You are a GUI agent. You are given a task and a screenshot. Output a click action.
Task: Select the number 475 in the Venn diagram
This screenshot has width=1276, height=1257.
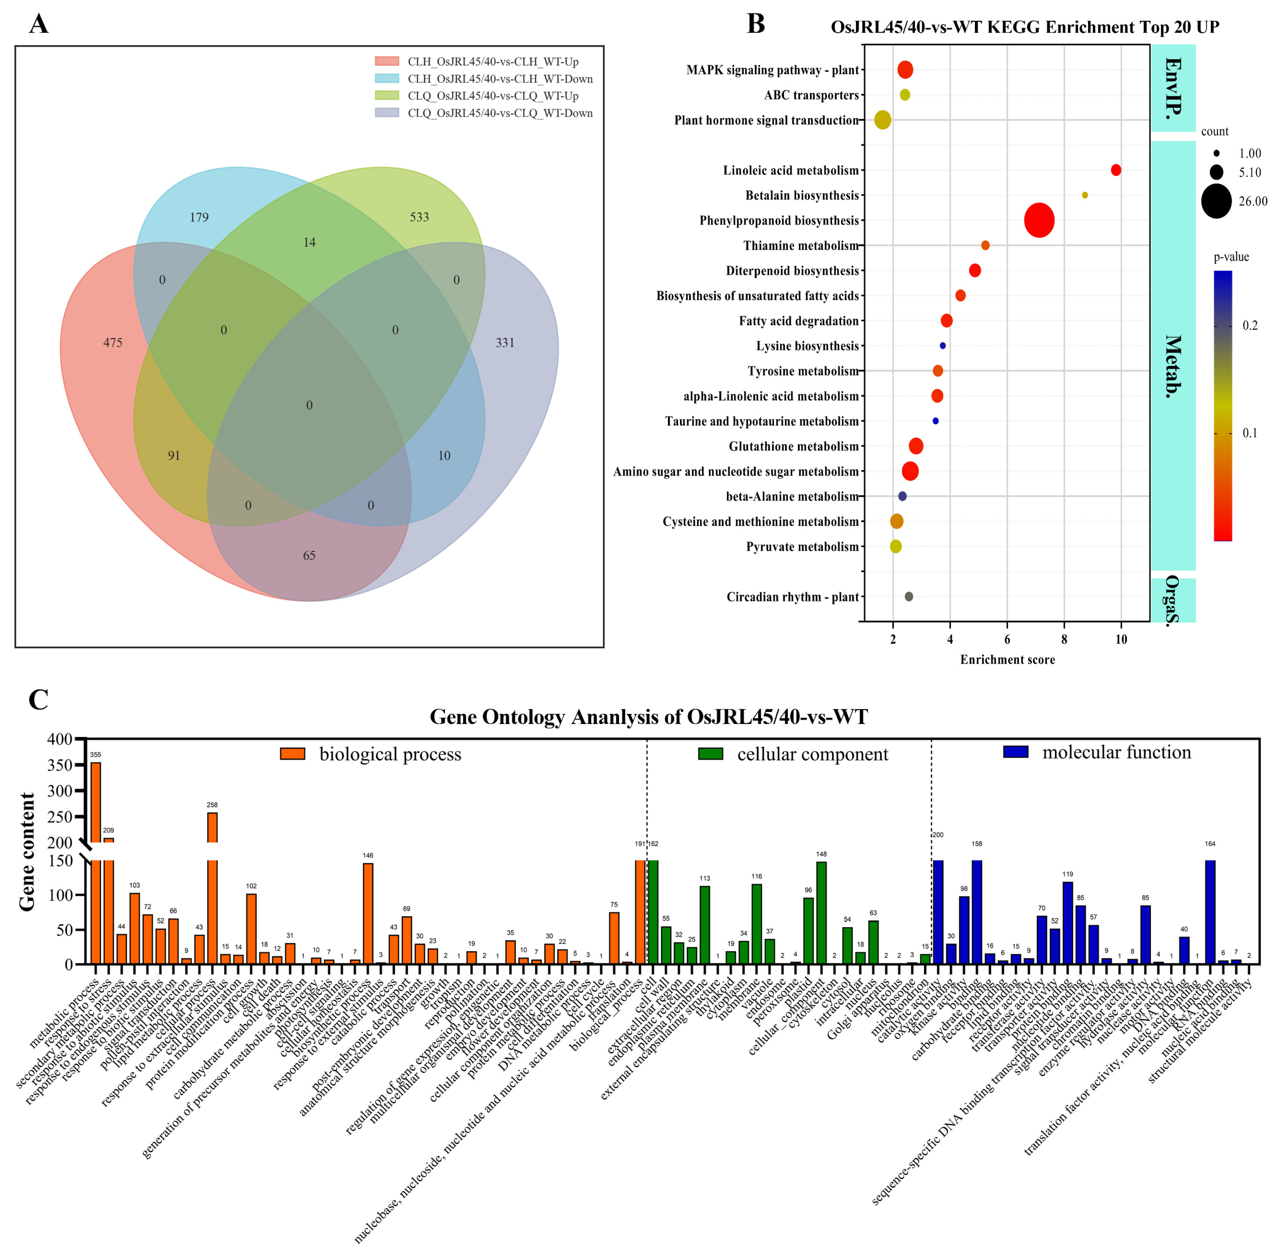tap(113, 343)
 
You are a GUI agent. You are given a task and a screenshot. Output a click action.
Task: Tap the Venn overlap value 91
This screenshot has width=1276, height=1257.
tap(174, 456)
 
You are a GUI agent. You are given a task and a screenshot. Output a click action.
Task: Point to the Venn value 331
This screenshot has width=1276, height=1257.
tap(505, 343)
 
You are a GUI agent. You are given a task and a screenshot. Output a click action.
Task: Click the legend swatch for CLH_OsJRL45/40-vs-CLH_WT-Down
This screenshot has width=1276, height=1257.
tap(387, 79)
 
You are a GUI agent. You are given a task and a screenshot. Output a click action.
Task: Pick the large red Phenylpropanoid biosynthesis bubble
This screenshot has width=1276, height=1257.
tap(1039, 220)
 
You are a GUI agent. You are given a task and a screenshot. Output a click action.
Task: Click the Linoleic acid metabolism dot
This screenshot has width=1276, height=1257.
tap(1115, 170)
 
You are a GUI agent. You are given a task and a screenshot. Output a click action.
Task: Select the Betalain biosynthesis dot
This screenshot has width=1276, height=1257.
tap(1084, 195)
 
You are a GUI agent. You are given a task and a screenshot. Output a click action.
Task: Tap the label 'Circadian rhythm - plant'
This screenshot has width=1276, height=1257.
tap(793, 597)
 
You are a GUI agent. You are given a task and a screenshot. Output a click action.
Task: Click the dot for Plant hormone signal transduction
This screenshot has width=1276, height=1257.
tap(882, 120)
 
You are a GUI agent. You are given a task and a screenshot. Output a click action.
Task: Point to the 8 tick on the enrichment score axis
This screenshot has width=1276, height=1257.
tap(1064, 639)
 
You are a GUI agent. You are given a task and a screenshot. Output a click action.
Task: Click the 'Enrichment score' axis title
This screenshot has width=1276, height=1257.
tap(1007, 660)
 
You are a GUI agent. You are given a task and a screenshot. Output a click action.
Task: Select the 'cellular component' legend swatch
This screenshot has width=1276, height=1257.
tap(711, 754)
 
